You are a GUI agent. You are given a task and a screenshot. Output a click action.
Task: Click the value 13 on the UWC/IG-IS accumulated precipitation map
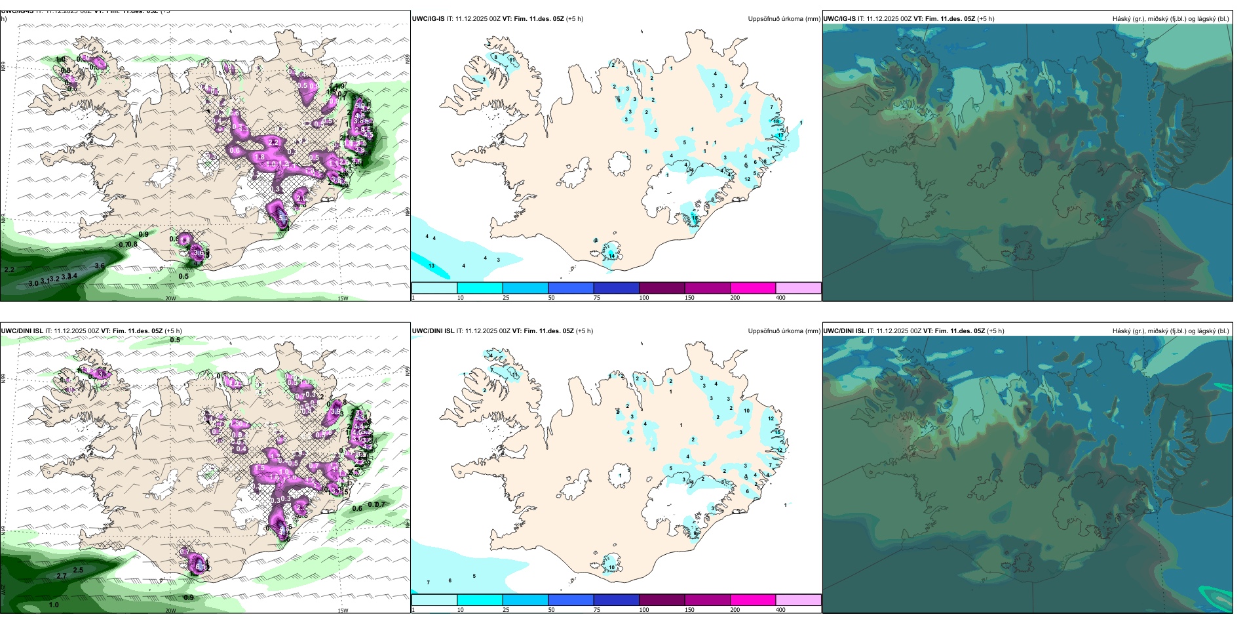(431, 266)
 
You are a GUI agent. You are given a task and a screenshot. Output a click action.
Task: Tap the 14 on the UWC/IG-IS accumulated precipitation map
(612, 256)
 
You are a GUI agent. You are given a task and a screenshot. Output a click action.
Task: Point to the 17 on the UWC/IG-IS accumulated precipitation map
(780, 135)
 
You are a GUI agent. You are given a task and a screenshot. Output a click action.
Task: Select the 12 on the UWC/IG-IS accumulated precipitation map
(747, 179)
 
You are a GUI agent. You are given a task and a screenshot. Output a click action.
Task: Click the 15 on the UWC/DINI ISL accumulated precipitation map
(778, 432)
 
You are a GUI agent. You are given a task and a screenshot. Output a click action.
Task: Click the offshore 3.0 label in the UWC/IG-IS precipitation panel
(33, 283)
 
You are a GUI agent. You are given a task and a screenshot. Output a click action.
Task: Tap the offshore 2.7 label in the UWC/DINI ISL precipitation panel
(62, 576)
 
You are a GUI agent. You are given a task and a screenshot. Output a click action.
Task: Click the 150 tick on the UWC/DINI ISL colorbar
(689, 610)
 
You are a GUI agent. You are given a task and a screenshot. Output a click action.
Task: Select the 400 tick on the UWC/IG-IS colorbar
(780, 298)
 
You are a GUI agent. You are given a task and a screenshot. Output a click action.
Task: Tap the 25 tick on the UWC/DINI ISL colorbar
(506, 610)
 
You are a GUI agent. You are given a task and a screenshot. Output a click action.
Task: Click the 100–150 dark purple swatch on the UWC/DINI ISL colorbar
(662, 599)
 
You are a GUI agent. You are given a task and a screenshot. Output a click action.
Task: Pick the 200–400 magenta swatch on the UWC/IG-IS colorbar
(753, 288)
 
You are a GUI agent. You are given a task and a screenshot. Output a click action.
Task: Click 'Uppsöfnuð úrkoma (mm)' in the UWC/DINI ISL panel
(784, 331)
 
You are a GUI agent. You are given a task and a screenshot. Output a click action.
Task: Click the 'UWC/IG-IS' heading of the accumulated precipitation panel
(428, 19)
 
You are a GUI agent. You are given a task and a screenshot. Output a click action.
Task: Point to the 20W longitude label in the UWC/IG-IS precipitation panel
(170, 298)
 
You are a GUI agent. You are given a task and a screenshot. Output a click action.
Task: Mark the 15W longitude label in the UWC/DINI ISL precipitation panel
(343, 611)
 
